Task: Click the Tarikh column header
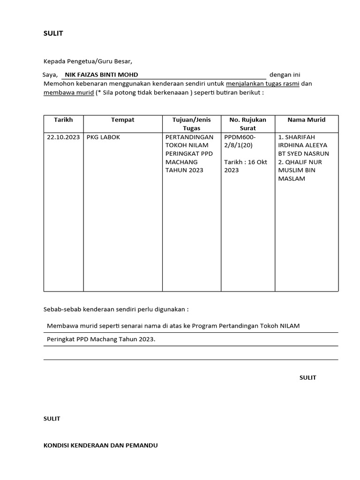tap(63, 120)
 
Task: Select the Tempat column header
tap(122, 120)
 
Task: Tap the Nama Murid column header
tap(306, 120)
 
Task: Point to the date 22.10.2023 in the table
tap(63, 137)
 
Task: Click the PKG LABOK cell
tap(104, 137)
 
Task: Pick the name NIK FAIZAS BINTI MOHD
tap(101, 75)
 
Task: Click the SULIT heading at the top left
tap(53, 34)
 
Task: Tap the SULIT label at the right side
tap(307, 377)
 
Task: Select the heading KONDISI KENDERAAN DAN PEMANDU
tap(100, 445)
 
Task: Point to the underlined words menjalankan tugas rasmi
tap(262, 84)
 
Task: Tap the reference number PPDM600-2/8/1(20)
tap(240, 141)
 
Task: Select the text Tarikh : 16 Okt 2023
tap(245, 166)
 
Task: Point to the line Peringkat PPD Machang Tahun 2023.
tap(101, 339)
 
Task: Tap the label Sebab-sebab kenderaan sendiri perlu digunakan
tap(116, 310)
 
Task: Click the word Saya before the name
tap(50, 75)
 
